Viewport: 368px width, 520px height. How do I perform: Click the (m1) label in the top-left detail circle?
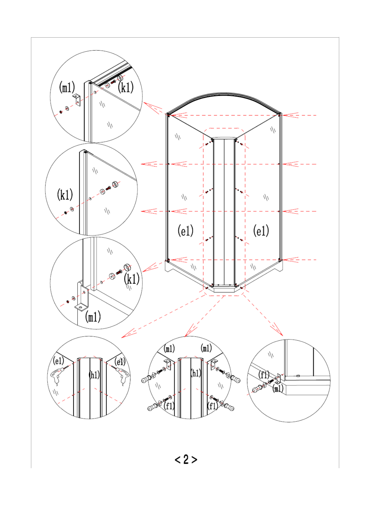(x=67, y=87)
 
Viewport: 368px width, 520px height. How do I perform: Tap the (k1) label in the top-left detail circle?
(x=126, y=87)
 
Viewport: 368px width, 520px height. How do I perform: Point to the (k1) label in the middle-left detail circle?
(x=65, y=195)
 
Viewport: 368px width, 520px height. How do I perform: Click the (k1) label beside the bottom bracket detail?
(x=132, y=279)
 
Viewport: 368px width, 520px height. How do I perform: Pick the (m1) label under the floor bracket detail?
(x=93, y=317)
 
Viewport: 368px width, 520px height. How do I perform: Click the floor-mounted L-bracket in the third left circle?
(x=82, y=298)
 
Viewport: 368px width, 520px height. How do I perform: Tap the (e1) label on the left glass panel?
(x=185, y=231)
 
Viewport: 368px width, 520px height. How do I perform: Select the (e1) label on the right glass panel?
(x=261, y=231)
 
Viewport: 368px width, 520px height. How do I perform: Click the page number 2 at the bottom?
(x=186, y=459)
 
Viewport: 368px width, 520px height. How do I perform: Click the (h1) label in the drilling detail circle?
(x=94, y=375)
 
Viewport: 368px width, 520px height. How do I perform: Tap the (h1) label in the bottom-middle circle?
(x=196, y=373)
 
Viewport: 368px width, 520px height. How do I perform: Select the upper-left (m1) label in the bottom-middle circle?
(x=169, y=349)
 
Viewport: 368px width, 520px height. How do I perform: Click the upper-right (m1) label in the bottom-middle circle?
(x=206, y=348)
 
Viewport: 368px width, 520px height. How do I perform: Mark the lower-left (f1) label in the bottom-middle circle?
(x=169, y=406)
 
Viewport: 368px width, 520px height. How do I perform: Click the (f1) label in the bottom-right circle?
(x=264, y=375)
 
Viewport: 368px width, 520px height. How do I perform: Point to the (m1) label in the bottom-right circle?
(x=278, y=388)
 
